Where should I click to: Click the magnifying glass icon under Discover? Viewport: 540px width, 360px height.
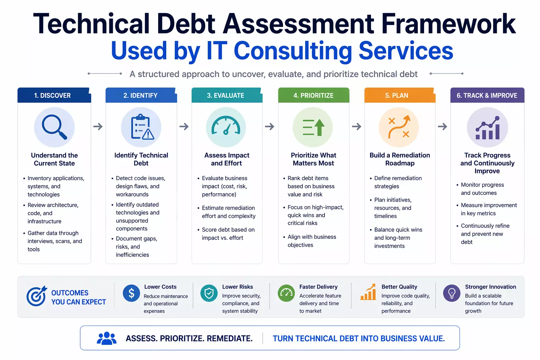[x=54, y=127]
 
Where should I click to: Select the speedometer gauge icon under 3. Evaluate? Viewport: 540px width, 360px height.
[x=226, y=127]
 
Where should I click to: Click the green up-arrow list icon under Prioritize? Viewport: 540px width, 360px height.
[x=313, y=127]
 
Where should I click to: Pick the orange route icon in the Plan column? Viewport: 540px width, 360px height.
[x=399, y=127]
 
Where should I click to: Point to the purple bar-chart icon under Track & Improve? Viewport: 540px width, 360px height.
[x=487, y=127]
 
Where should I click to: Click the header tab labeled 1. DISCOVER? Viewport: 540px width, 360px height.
[x=53, y=95]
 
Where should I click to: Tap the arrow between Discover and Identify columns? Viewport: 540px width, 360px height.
[x=98, y=127]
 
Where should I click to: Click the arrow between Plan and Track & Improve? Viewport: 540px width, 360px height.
[x=443, y=127]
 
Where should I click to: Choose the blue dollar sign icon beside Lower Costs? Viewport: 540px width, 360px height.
[x=131, y=293]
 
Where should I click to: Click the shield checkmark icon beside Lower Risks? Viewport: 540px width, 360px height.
[x=209, y=293]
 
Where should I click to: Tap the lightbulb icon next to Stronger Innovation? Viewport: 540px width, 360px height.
[x=452, y=293]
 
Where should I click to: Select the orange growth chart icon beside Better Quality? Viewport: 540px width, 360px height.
[x=368, y=292]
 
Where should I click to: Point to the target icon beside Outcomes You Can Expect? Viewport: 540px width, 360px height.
[x=36, y=296]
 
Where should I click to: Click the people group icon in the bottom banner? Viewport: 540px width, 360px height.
[x=107, y=338]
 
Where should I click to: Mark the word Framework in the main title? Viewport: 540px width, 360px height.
[x=448, y=24]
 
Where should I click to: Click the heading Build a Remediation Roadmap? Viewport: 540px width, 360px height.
[x=400, y=159]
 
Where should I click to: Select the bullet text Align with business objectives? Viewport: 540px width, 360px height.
[x=311, y=241]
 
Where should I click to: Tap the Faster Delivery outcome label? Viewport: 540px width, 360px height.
[x=318, y=287]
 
